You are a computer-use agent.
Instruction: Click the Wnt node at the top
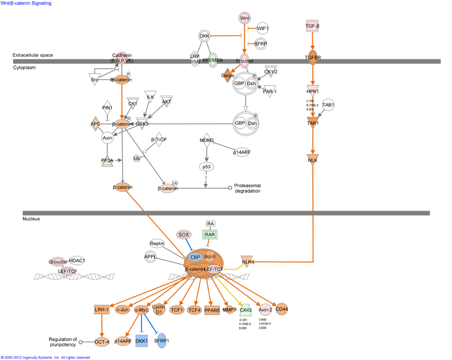point(244,18)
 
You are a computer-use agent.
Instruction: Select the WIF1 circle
point(263,28)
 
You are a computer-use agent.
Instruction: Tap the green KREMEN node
point(212,60)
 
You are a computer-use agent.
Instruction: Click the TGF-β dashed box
point(313,26)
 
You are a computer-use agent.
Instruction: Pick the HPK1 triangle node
point(313,91)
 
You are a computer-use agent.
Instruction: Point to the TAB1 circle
point(328,105)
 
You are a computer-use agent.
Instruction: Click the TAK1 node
point(313,122)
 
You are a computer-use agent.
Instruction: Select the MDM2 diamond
point(207,141)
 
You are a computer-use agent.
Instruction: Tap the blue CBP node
point(195,257)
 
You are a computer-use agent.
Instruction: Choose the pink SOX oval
point(184,235)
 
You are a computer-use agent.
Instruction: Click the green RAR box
point(210,235)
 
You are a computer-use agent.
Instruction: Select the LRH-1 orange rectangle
point(101,310)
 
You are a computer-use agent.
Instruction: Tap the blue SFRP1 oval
point(162,341)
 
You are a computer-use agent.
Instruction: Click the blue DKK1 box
point(142,341)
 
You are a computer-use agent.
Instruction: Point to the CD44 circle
point(282,309)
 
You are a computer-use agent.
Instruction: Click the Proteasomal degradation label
point(247,188)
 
